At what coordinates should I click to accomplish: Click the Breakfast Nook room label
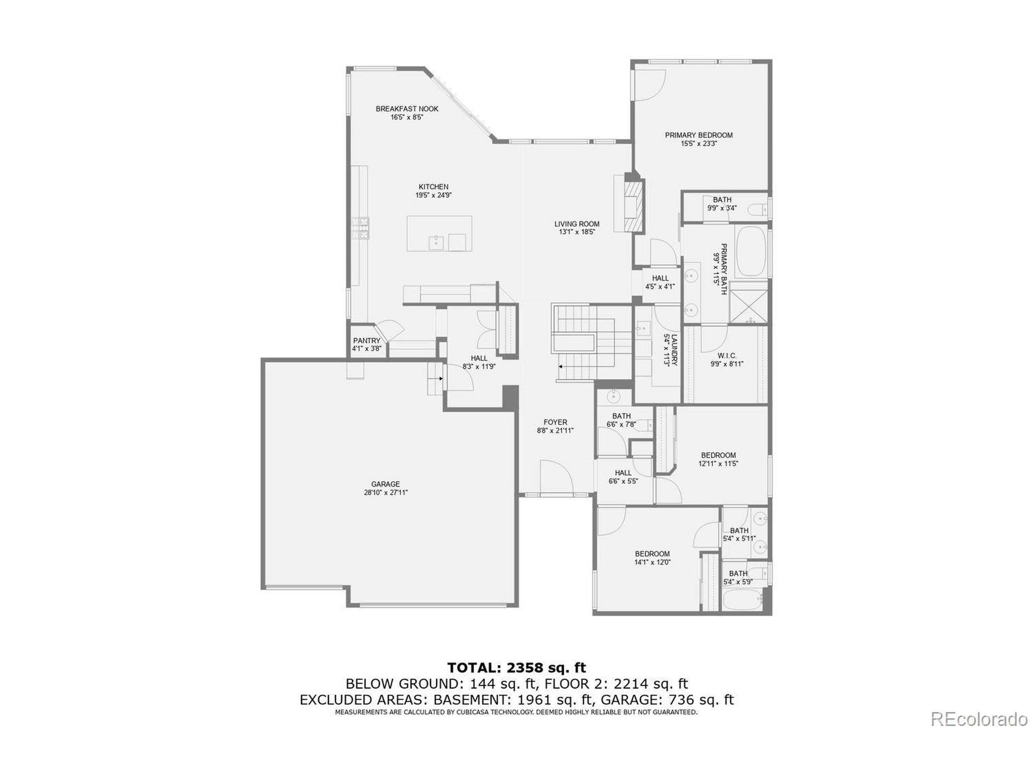coord(407,109)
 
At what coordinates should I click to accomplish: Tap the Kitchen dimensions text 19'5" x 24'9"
coord(433,195)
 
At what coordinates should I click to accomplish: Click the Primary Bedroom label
coord(698,135)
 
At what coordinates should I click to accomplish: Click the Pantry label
coord(366,341)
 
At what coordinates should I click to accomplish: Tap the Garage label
coord(385,484)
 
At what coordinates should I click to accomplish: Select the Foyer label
coord(555,422)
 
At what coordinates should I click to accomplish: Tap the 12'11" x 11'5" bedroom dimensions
coord(718,464)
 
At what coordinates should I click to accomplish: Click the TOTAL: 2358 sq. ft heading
coord(516,667)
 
